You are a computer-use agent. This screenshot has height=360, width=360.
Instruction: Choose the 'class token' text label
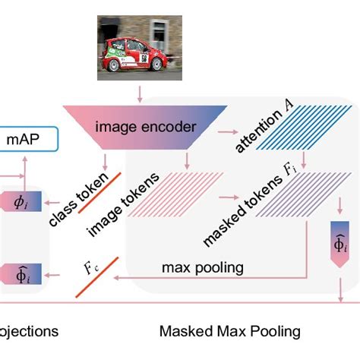[77, 199]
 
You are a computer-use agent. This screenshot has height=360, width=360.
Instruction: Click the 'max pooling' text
[202, 267]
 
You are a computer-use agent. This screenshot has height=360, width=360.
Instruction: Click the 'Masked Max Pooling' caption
[229, 331]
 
